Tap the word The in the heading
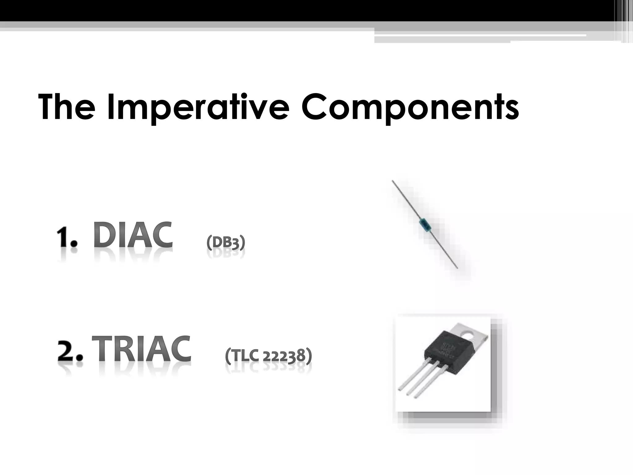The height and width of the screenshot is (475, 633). click(x=66, y=107)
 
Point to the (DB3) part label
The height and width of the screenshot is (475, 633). click(x=226, y=243)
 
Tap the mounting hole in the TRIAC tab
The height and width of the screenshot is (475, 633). click(x=469, y=334)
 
